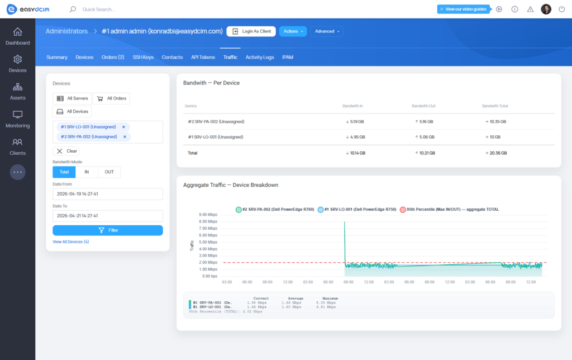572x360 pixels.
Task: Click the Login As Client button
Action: [x=251, y=31]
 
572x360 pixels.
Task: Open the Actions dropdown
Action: [x=293, y=31]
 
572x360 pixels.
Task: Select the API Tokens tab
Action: [x=203, y=57]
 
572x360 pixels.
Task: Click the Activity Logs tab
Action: [x=260, y=57]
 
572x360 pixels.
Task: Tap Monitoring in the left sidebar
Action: [x=17, y=119]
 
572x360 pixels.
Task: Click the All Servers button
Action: [x=71, y=98]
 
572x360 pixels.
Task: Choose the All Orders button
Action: [x=111, y=98]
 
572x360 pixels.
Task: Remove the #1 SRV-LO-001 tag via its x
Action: [x=123, y=127]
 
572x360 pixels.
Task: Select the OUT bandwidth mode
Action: [x=109, y=172]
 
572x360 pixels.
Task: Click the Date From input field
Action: [x=107, y=194]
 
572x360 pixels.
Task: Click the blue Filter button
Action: [x=107, y=230]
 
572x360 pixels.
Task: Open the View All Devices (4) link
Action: [x=70, y=241]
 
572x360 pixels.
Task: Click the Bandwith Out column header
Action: [x=424, y=106]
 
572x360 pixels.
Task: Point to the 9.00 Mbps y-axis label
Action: [x=208, y=215]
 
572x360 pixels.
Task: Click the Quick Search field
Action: [x=112, y=10]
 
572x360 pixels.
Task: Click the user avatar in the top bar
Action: [x=546, y=9]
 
